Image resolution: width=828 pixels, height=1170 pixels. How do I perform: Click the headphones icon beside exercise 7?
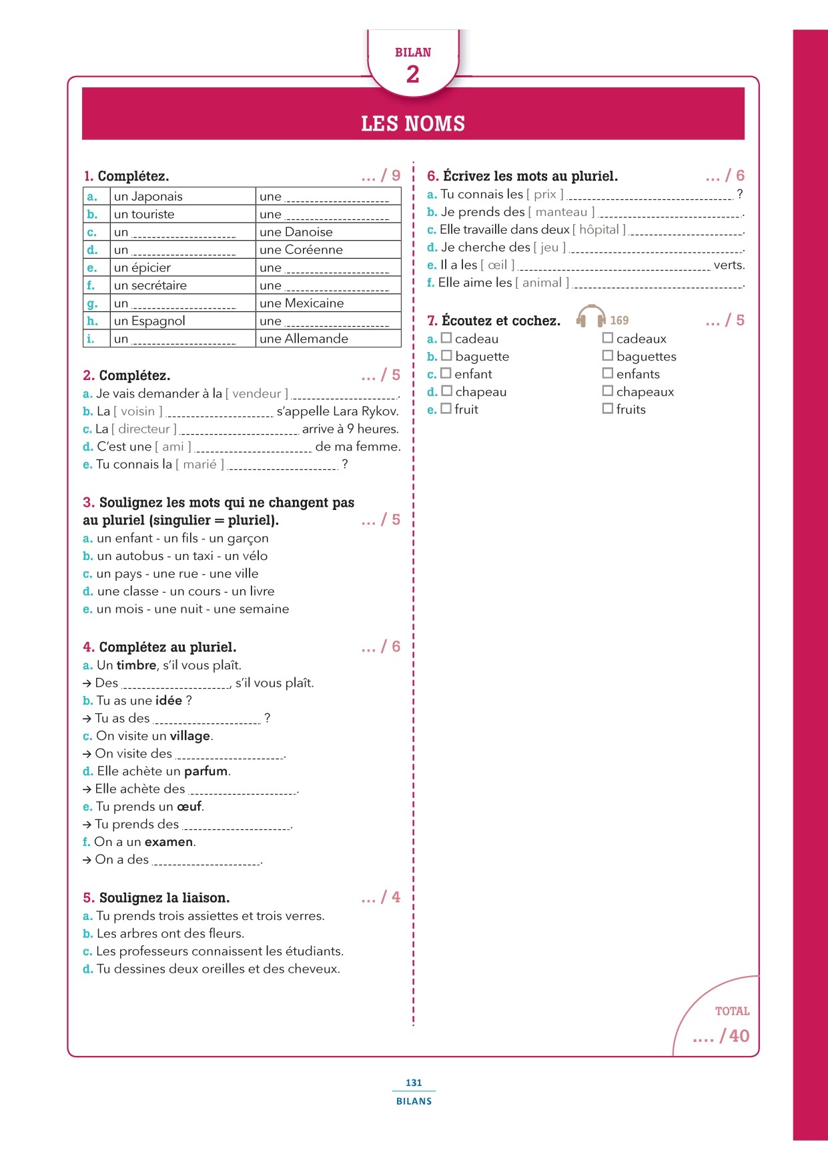pyautogui.click(x=590, y=316)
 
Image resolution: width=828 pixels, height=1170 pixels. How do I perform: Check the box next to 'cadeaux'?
pyautogui.click(x=608, y=338)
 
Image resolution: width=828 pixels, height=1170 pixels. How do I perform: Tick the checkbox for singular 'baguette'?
pyautogui.click(x=446, y=356)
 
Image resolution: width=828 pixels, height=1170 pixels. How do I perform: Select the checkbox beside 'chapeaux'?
pyautogui.click(x=608, y=391)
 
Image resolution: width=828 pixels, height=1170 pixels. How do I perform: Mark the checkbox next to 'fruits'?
pyautogui.click(x=608, y=408)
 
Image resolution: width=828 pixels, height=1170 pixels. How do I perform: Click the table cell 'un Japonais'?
pyautogui.click(x=148, y=196)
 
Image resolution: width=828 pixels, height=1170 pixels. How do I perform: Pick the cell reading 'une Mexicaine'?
pyautogui.click(x=302, y=303)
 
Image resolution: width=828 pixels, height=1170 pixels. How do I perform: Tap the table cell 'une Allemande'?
pyautogui.click(x=304, y=339)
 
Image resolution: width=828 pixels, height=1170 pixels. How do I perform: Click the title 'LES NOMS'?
pyautogui.click(x=413, y=123)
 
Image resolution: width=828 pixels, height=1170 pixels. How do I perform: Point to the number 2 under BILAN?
pyautogui.click(x=413, y=74)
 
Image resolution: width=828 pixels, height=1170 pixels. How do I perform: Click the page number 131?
pyautogui.click(x=414, y=1083)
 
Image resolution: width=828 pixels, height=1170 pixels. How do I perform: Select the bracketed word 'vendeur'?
pyautogui.click(x=257, y=393)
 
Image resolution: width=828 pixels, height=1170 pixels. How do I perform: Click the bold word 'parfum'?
pyautogui.click(x=205, y=771)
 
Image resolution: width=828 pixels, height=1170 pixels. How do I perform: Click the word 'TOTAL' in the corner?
pyautogui.click(x=732, y=1011)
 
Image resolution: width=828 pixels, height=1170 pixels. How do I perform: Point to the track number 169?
pyautogui.click(x=619, y=320)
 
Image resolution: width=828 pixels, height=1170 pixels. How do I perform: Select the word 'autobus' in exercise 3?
pyautogui.click(x=139, y=555)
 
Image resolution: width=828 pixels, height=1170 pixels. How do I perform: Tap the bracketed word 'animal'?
pyautogui.click(x=542, y=282)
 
